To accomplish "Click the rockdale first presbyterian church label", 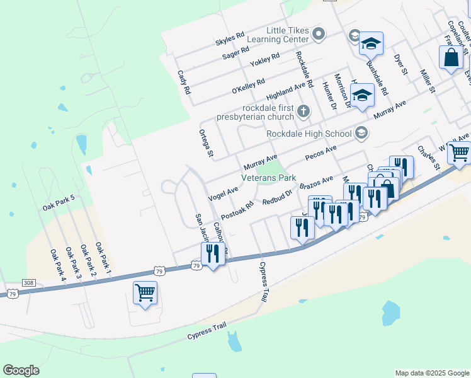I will pyautogui.click(x=255, y=112).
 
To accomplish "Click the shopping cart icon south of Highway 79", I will pyautogui.click(x=145, y=292).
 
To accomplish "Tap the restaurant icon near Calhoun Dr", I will pyautogui.click(x=212, y=253).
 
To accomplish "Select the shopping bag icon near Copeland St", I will pyautogui.click(x=451, y=58).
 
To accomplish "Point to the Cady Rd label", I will pyautogui.click(x=183, y=82).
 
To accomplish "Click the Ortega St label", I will pyautogui.click(x=207, y=143).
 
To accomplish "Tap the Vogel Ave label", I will pyautogui.click(x=223, y=191).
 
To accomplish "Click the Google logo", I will pyautogui.click(x=21, y=370).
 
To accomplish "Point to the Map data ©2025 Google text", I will pyautogui.click(x=431, y=373).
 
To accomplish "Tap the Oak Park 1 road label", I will pyautogui.click(x=103, y=257).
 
